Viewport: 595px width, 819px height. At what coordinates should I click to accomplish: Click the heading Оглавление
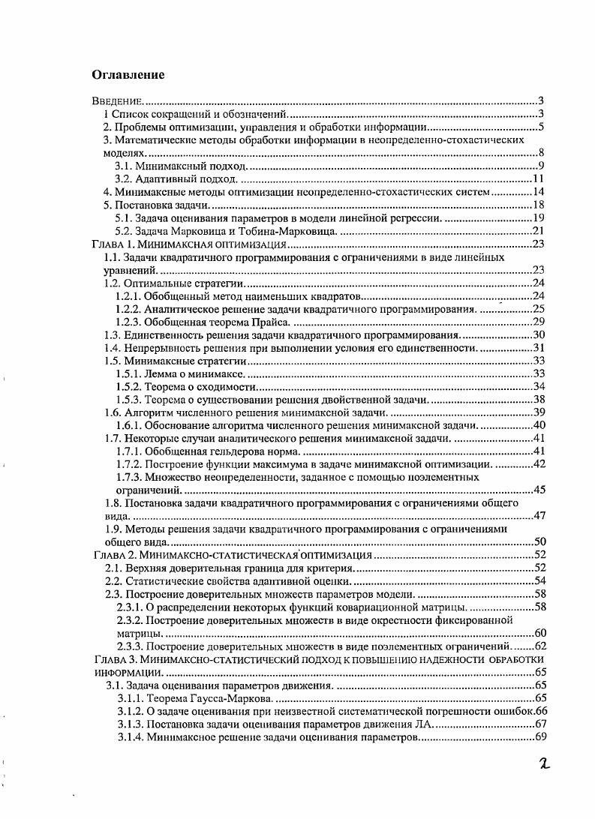tap(128, 75)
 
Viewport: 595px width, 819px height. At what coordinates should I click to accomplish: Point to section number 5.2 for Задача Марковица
tap(124, 230)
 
